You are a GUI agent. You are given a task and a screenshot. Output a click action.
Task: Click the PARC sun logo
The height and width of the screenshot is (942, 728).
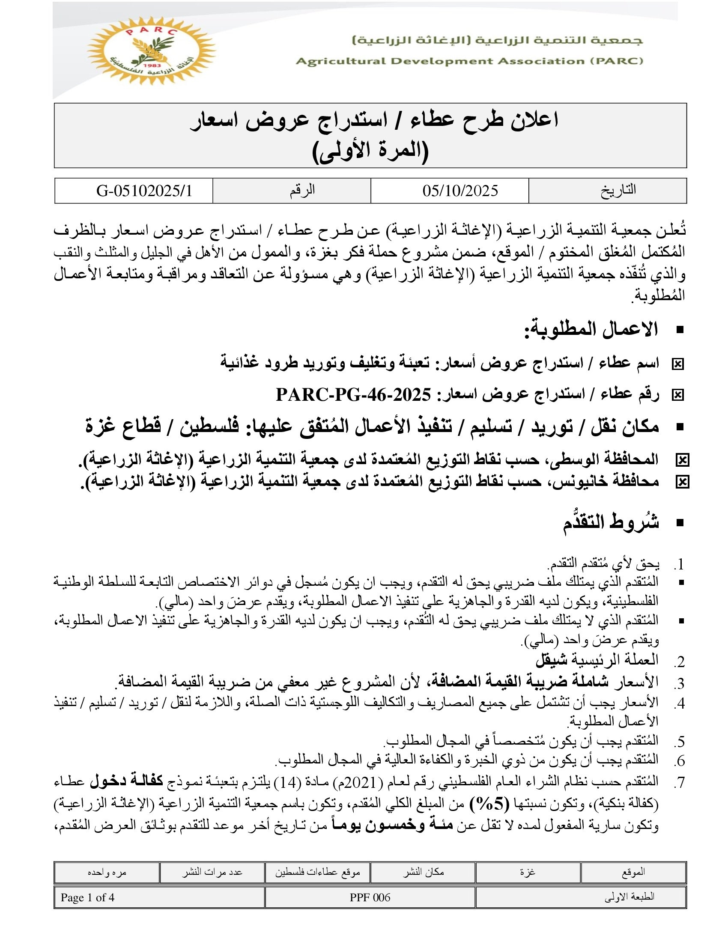151,51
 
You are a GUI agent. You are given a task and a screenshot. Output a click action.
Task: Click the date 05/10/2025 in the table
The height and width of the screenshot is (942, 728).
460,191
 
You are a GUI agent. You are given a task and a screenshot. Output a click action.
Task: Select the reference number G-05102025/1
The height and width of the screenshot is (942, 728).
144,191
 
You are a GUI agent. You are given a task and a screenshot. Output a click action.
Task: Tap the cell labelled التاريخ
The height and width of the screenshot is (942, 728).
618,190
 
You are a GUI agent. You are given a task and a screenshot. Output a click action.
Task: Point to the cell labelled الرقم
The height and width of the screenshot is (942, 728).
302,190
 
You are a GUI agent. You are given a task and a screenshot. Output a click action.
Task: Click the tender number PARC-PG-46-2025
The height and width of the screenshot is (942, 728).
353,394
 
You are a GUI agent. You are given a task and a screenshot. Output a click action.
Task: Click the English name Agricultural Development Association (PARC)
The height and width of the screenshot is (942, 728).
469,61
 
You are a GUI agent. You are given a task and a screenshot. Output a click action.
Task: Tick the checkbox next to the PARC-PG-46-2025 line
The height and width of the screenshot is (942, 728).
678,395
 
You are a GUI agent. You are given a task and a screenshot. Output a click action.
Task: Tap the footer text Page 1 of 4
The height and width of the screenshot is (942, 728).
87,897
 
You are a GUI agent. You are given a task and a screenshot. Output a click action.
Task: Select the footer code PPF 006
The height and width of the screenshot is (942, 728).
370,897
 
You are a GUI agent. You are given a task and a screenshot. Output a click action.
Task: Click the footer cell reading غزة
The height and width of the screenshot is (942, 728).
528,872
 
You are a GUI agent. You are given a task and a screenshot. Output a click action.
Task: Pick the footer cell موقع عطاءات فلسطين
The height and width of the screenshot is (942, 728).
317,872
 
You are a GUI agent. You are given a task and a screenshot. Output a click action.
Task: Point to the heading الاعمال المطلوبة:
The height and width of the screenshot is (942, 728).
591,329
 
